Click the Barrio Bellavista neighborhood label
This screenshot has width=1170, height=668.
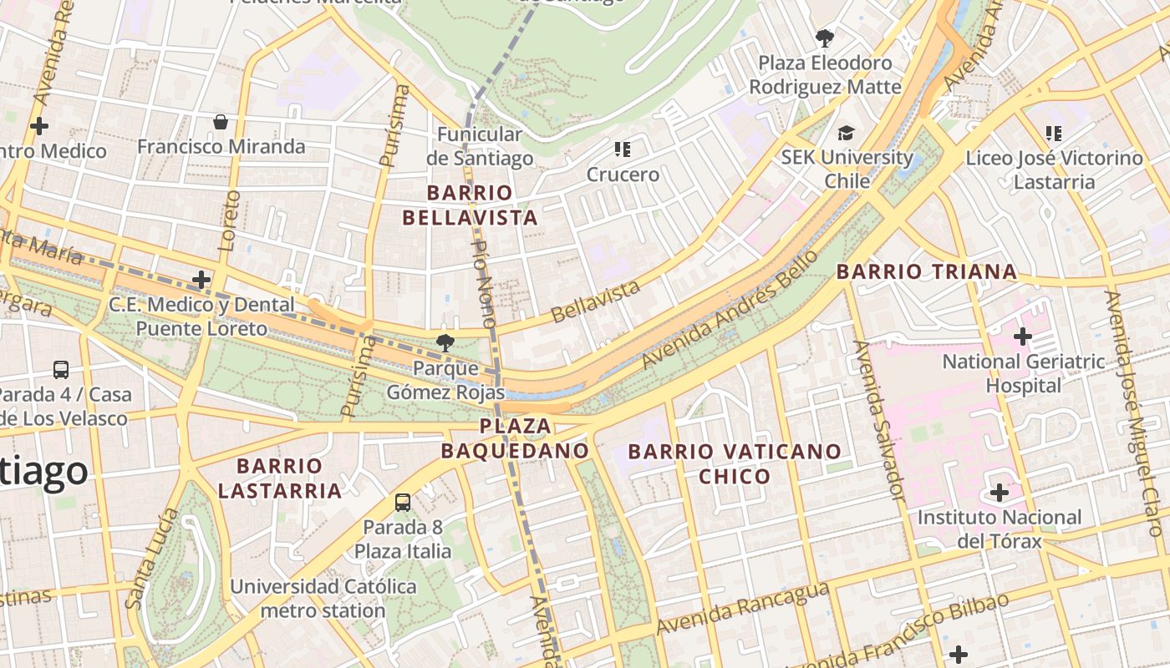469,205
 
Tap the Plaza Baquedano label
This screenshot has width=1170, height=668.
515,438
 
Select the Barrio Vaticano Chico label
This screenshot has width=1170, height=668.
735,464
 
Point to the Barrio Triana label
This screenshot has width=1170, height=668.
927,271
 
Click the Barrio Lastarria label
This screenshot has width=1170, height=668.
280,478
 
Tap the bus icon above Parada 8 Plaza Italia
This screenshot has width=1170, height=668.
403,502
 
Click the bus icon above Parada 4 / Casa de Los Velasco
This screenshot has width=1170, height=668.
61,369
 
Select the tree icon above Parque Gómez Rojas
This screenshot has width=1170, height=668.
445,342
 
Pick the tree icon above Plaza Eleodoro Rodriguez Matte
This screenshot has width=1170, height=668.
825,38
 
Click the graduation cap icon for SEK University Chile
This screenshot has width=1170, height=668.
847,133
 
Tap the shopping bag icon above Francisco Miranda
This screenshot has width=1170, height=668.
221,123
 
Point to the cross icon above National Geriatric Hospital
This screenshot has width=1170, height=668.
1023,337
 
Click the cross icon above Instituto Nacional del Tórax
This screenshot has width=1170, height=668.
1000,493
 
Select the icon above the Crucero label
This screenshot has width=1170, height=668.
622,149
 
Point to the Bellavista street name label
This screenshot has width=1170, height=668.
597,301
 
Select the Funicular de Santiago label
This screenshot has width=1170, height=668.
480,146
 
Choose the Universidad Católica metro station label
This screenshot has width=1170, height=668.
323,599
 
